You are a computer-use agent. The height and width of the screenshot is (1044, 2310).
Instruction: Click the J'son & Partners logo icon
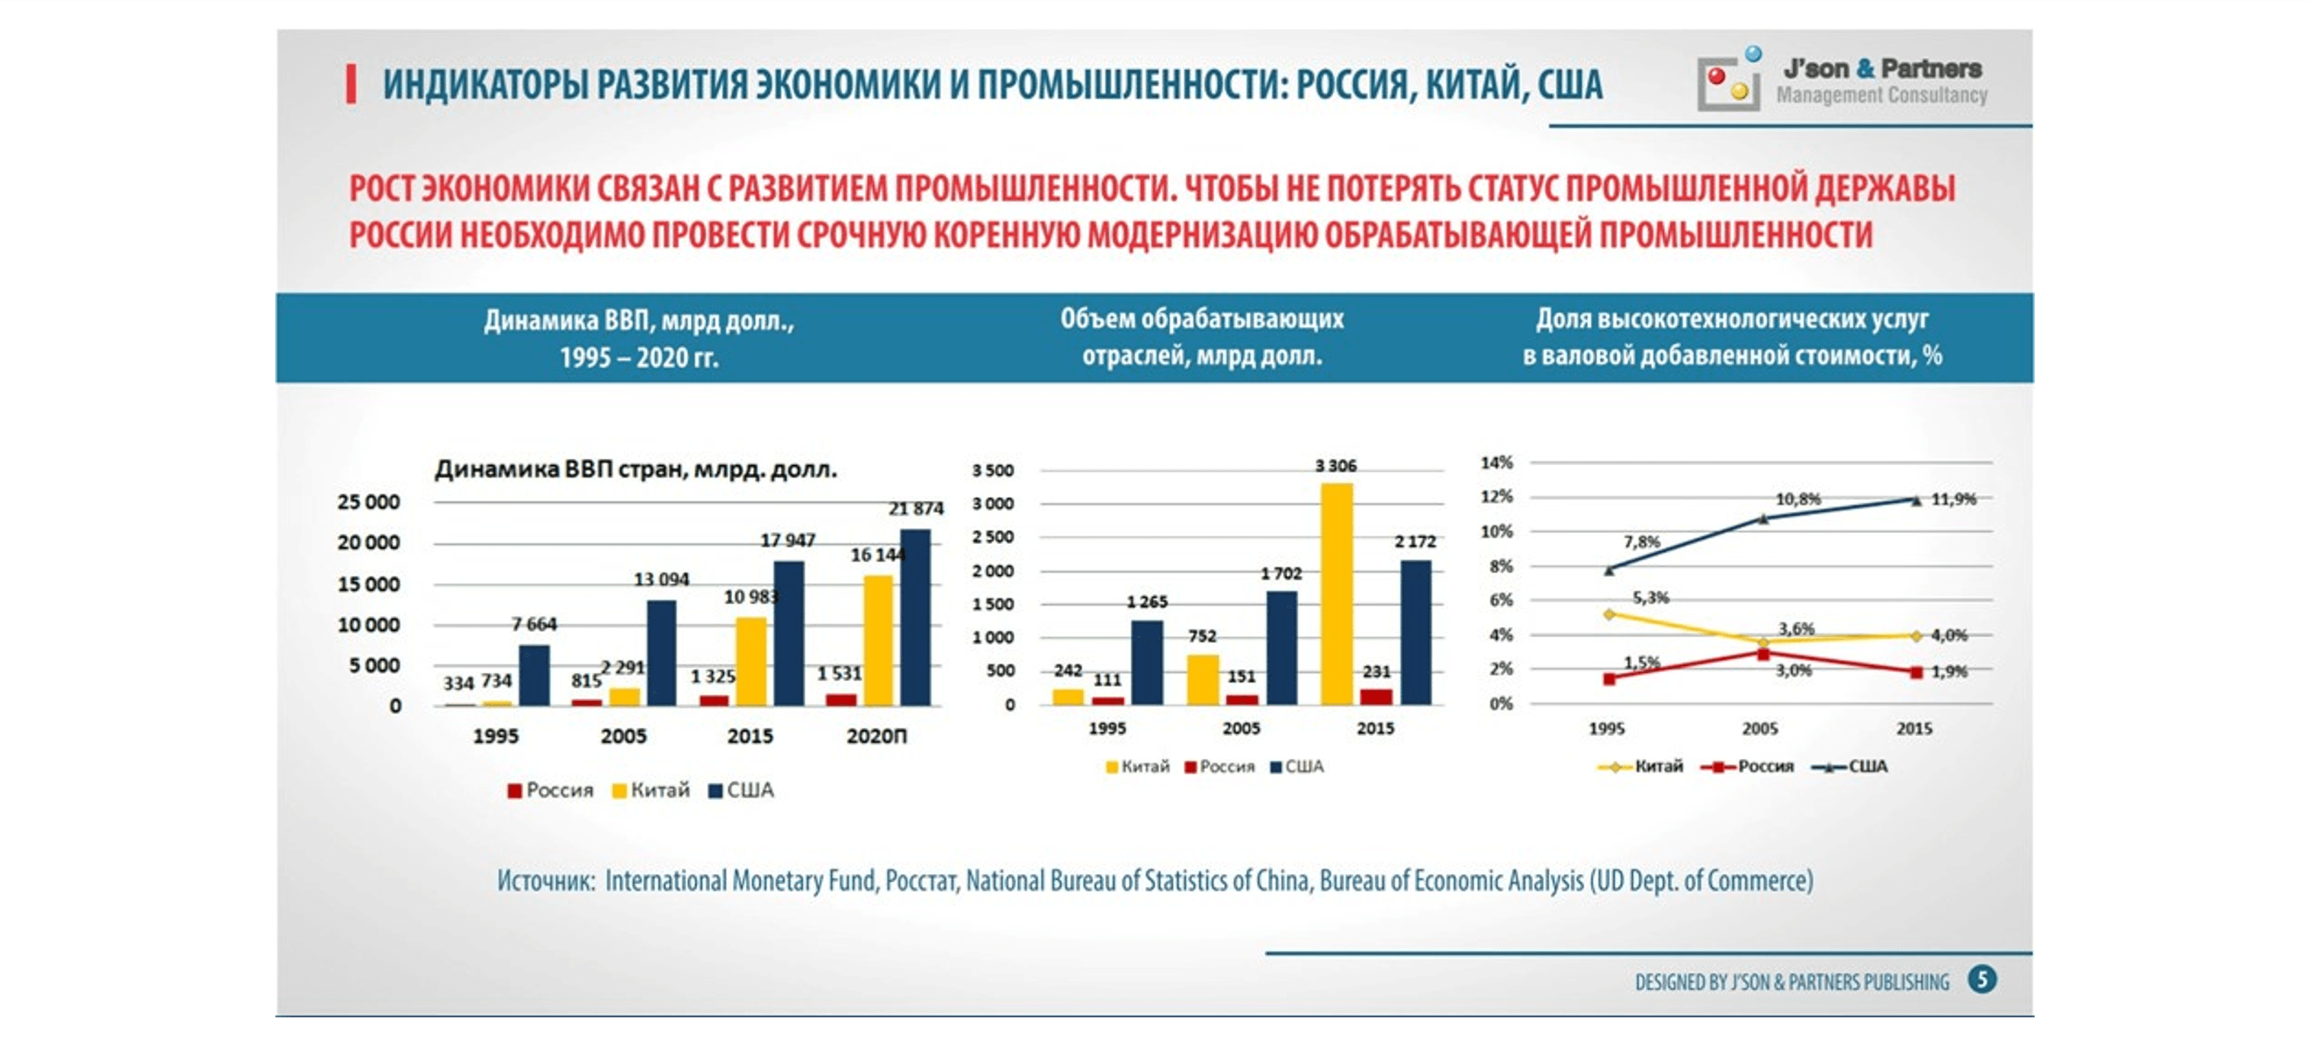1728,80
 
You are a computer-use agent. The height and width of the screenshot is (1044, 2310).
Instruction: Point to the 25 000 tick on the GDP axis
368,502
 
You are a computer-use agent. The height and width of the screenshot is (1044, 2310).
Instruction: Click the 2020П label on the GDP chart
876,735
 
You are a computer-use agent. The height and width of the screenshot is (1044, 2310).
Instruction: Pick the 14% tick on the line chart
1496,463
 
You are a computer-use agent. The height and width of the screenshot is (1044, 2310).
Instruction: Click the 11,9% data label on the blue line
1953,499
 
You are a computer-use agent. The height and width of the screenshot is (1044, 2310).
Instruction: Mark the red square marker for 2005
1762,654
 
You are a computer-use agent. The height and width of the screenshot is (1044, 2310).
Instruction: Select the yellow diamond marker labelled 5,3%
1608,615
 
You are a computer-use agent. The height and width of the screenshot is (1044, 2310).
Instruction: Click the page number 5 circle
1982,978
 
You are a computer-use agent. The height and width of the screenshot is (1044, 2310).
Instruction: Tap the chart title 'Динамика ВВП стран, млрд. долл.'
636,469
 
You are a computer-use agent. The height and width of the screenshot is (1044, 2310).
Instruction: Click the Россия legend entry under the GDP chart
551,790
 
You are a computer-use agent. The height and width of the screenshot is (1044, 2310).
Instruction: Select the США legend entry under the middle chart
1296,766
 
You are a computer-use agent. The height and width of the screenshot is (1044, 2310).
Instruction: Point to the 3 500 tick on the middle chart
993,470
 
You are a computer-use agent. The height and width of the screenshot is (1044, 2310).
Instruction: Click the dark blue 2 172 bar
1416,632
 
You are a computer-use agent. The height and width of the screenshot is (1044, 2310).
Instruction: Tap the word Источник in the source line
545,881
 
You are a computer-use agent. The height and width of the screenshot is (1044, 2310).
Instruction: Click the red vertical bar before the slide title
352,85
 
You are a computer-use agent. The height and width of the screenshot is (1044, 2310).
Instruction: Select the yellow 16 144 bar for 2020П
878,640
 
